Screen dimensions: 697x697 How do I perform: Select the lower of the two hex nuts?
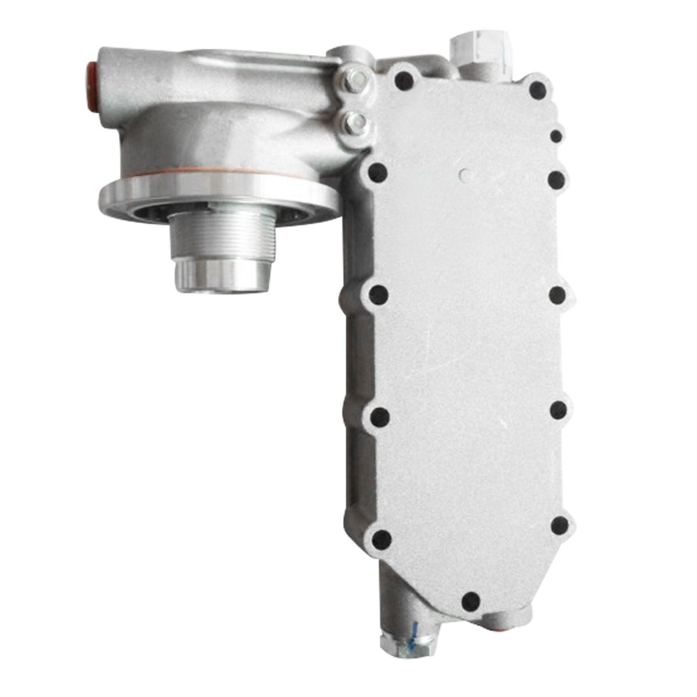click(353, 122)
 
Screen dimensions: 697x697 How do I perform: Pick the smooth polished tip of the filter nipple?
click(224, 275)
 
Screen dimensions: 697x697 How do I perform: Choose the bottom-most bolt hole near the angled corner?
click(470, 601)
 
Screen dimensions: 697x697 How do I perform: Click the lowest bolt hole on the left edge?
click(381, 540)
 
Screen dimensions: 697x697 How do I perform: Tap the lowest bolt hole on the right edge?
click(559, 526)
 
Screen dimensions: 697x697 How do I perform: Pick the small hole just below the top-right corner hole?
click(556, 136)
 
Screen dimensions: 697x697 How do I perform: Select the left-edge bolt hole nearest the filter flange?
click(378, 172)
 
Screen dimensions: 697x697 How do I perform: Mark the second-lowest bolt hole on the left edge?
click(380, 416)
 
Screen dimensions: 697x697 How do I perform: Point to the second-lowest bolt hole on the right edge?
click(558, 410)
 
